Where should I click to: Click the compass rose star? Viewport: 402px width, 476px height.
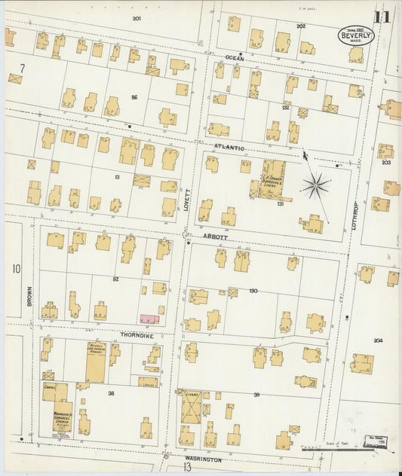pyautogui.click(x=316, y=185)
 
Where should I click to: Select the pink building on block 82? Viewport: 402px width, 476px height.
pyautogui.click(x=149, y=319)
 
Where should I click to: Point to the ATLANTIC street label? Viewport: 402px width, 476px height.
pyautogui.click(x=229, y=147)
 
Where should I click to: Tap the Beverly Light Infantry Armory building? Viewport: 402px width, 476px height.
pyautogui.click(x=96, y=362)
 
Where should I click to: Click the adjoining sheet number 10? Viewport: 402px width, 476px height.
pyautogui.click(x=16, y=269)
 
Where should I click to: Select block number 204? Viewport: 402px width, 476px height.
pyautogui.click(x=378, y=340)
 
